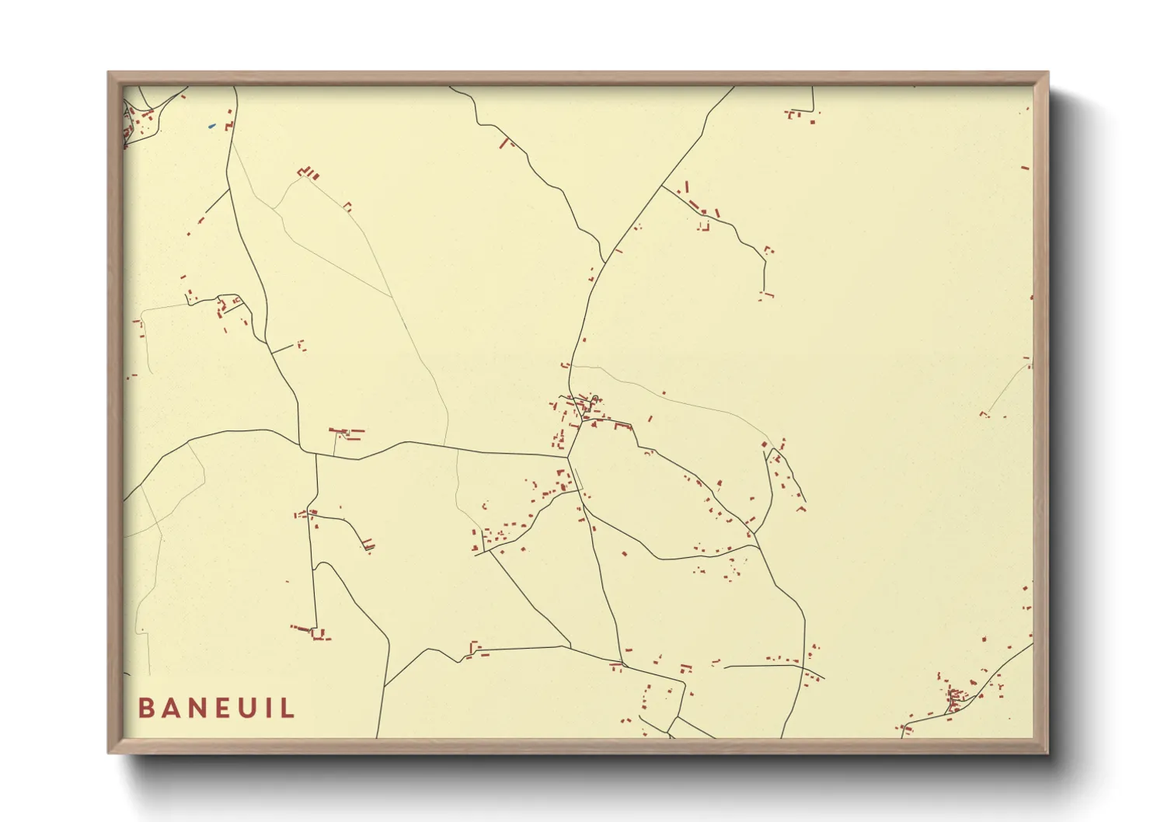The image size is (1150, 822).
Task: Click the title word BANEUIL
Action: pos(217,709)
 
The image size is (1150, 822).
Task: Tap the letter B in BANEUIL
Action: pos(145,709)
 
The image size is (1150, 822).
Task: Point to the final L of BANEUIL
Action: pos(288,709)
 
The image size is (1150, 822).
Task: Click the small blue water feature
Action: pos(211,126)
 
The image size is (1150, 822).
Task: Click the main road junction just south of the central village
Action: pos(568,456)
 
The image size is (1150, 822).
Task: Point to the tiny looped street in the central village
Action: pos(595,400)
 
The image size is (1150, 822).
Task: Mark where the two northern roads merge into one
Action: pos(604,262)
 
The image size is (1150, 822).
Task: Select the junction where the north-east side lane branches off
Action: pos(661,186)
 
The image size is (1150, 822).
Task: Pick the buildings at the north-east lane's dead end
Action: pos(766,294)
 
